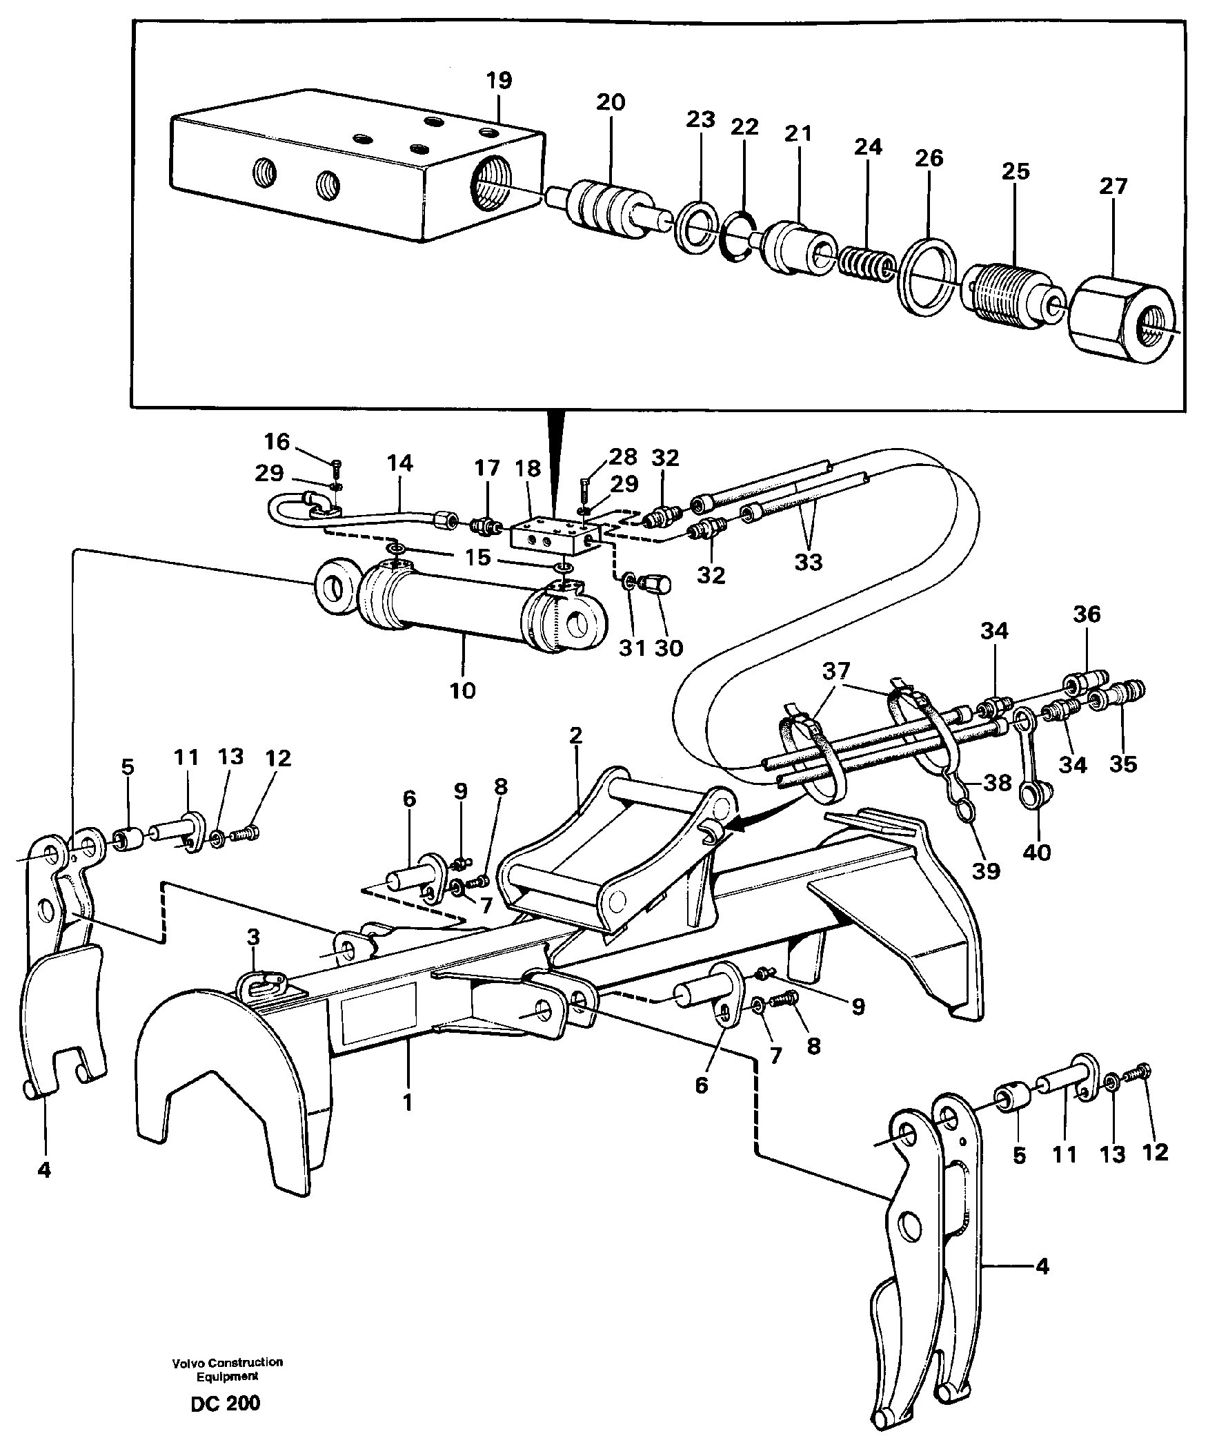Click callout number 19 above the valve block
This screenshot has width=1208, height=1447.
(499, 81)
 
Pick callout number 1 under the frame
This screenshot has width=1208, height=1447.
(408, 1103)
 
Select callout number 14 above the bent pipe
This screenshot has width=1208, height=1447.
(399, 464)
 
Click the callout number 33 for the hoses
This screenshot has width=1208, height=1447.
(809, 562)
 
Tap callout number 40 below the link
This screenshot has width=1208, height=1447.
(1036, 853)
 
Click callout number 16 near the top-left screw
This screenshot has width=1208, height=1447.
(277, 441)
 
